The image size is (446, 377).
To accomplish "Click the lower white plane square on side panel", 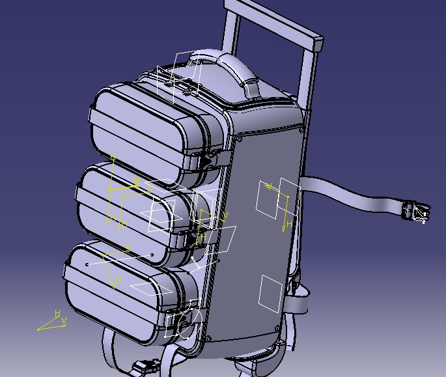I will (270, 292).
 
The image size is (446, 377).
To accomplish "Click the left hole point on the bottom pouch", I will (87, 264).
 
